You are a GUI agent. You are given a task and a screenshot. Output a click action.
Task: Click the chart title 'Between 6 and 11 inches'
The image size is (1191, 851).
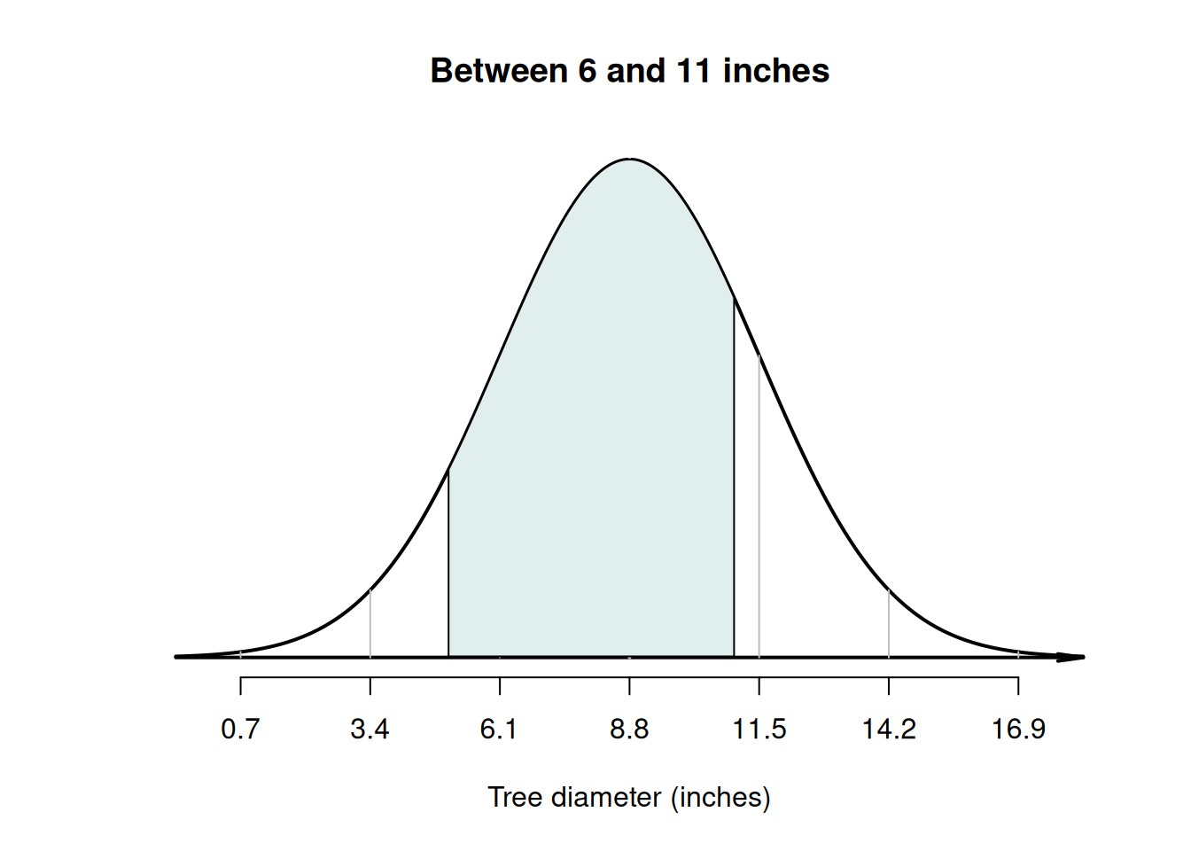(629, 71)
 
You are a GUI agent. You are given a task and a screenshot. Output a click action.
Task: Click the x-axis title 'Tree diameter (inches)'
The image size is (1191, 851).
(629, 797)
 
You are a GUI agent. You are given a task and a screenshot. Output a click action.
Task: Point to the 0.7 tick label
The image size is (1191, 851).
(240, 729)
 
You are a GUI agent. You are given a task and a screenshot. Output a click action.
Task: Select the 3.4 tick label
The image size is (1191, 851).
(370, 729)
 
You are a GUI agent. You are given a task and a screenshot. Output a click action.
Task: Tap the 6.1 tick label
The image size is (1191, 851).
(499, 729)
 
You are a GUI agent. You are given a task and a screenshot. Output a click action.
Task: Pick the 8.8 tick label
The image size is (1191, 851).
(629, 729)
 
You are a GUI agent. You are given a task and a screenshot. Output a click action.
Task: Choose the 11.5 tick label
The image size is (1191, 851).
(759, 729)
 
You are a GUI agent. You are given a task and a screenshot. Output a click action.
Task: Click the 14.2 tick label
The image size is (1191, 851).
(889, 729)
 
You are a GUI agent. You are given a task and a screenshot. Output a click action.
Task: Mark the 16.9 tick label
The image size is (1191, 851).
(1018, 729)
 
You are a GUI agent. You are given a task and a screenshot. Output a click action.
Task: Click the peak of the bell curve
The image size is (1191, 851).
(629, 160)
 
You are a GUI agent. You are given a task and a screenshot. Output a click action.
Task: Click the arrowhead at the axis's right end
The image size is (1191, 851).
(1074, 657)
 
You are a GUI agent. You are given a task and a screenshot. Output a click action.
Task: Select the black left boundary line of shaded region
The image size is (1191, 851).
(448, 567)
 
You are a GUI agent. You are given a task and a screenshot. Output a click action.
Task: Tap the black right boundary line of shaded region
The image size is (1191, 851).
(734, 479)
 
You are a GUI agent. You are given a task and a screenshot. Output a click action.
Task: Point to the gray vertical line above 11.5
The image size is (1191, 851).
(759, 505)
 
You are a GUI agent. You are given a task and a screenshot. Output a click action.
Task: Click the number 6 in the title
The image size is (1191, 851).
(588, 71)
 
